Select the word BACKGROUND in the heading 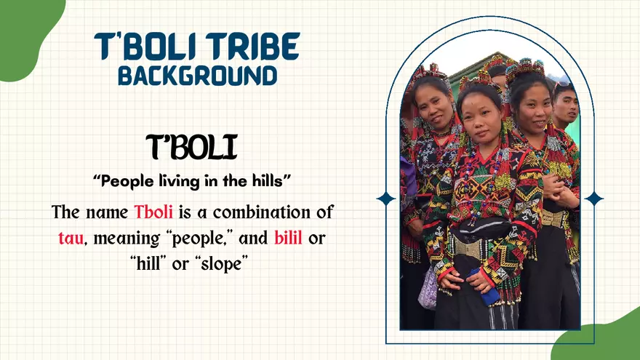[197, 75]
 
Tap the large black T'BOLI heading [191, 148]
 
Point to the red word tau [71, 237]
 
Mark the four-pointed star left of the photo [385, 198]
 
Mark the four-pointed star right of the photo [594, 198]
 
